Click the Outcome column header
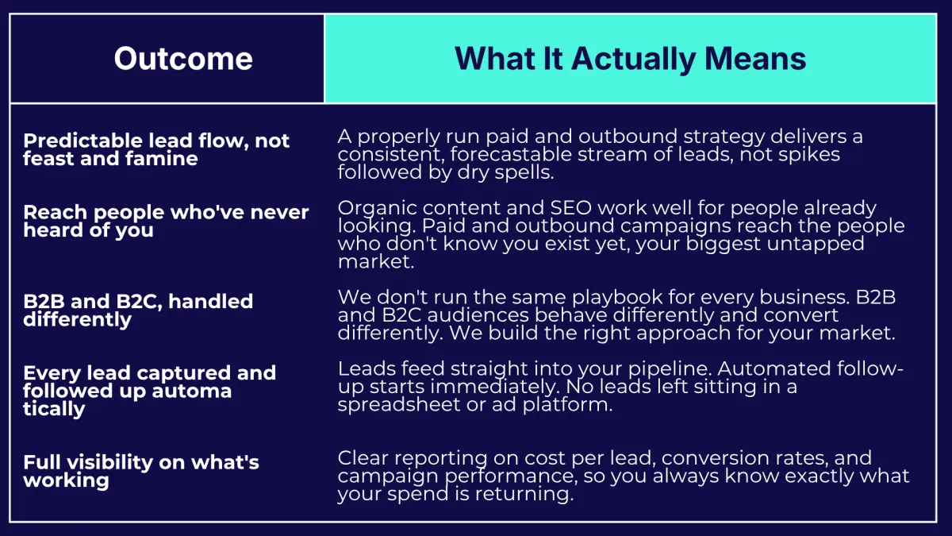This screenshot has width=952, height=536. tap(183, 59)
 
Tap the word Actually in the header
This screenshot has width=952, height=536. tap(629, 59)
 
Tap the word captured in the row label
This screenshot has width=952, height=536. tap(174, 373)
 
